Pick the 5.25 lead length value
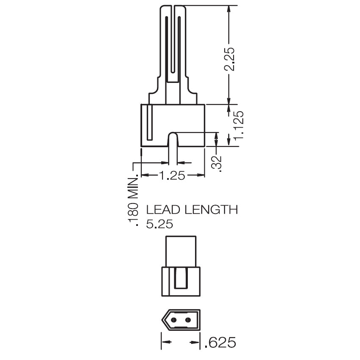point(159,224)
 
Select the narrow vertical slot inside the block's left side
point(148,123)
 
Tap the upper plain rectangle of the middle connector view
point(181,252)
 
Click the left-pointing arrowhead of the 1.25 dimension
point(144,175)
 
